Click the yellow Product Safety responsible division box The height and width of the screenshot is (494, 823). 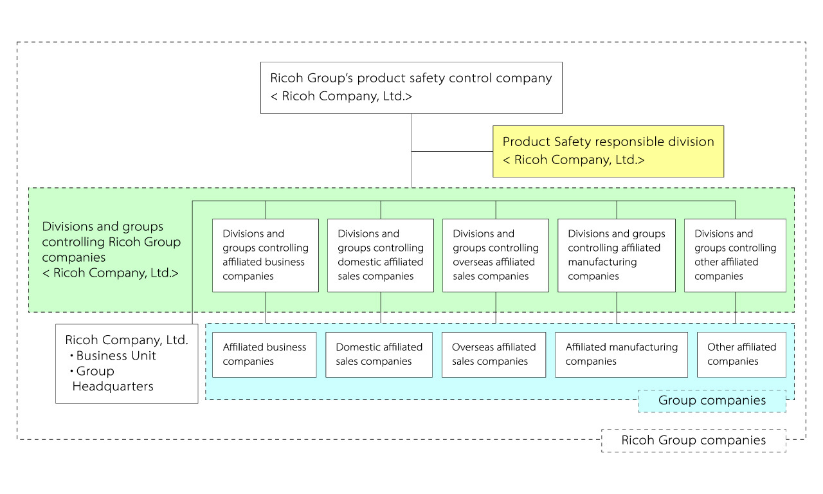[608, 151]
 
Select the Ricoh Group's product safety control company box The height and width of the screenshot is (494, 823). [411, 87]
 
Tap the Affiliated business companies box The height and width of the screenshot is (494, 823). [264, 354]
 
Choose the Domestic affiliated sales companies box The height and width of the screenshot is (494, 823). [379, 354]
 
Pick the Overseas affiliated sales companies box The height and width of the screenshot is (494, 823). [494, 354]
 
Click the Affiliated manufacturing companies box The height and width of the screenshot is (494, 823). [621, 354]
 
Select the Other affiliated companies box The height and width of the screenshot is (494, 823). [741, 354]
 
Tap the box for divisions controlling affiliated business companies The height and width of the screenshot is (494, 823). [265, 255]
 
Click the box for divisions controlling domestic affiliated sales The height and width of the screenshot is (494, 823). [381, 255]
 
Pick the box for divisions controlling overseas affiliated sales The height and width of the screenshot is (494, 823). [496, 255]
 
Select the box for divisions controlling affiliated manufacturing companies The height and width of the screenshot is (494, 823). [617, 255]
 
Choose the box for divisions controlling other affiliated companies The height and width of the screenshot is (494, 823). [735, 255]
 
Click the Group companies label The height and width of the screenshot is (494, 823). [712, 401]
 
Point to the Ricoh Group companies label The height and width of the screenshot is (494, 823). [693, 441]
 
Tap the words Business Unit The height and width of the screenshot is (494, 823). [116, 356]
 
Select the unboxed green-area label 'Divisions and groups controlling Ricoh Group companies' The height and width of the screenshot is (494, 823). [111, 250]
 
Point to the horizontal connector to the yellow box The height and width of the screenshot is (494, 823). [452, 151]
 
